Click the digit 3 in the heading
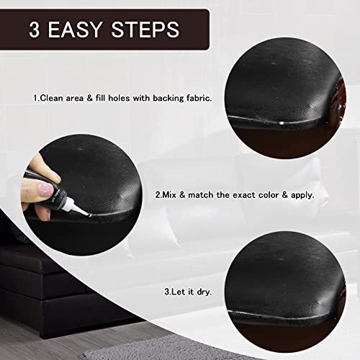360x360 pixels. tap(35, 30)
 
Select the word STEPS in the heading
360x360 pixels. tap(149, 30)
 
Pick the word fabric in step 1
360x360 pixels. tap(199, 97)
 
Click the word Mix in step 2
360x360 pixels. tap(170, 194)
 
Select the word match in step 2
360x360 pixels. tap(197, 194)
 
